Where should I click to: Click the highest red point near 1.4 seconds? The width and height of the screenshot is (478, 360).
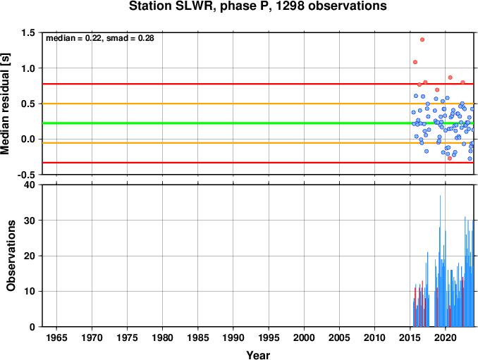coord(422,39)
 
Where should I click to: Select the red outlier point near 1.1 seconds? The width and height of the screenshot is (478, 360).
coord(415,62)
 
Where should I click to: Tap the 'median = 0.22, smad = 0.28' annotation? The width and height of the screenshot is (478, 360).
coord(100,38)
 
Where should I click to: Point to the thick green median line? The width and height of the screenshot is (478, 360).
coord(258,123)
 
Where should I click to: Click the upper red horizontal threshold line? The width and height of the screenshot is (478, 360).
coord(258,84)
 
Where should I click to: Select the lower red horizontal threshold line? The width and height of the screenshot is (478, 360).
coord(258,163)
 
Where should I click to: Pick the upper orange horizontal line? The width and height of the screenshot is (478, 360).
coord(258,104)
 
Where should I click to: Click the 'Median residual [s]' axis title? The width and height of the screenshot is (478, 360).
coord(5,104)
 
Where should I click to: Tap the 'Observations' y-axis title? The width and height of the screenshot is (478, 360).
coord(11,256)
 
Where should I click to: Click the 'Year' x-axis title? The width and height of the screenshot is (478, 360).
coord(258,355)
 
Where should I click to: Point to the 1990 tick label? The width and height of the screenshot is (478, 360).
coord(233,337)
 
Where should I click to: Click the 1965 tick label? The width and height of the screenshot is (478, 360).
coord(56,337)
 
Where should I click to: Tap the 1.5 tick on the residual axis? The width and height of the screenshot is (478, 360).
coord(27,33)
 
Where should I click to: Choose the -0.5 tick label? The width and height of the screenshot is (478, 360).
coord(25,175)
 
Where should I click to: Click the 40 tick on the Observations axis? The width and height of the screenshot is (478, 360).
coord(30,185)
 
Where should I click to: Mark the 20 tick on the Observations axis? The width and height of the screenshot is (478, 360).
coord(30,256)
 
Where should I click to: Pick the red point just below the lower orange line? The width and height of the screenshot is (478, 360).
coord(450,159)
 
